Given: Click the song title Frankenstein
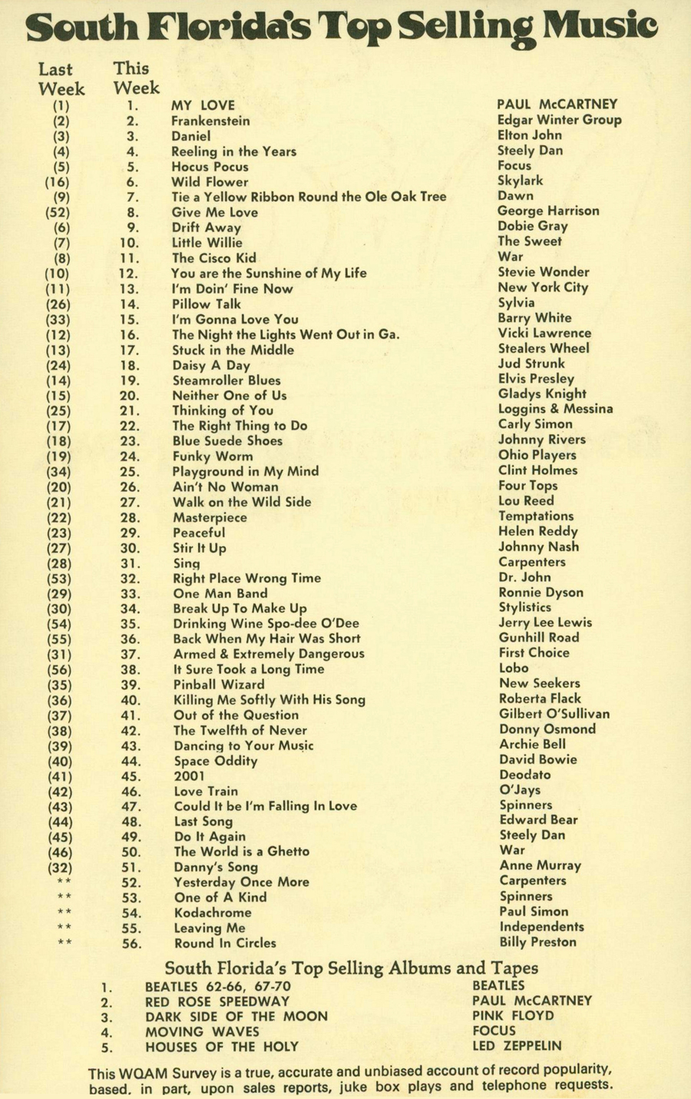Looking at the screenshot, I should tap(210, 121).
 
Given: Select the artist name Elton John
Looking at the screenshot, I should tap(530, 135).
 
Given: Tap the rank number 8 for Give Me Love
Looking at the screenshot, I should tap(133, 213).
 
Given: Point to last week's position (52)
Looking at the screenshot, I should tap(58, 213).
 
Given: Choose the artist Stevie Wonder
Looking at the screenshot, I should tap(544, 272).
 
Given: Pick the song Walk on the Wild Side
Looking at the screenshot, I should tap(242, 502).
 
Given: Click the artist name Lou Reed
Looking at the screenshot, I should tap(526, 501).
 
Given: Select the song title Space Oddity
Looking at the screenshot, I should tap(216, 761).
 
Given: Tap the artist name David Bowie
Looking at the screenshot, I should tap(538, 759).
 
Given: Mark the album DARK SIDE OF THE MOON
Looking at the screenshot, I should tap(236, 1016).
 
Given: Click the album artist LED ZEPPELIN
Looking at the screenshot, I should tap(517, 1046).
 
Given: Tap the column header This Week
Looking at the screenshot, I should tap(136, 78).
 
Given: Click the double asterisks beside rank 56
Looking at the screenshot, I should tap(64, 943).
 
